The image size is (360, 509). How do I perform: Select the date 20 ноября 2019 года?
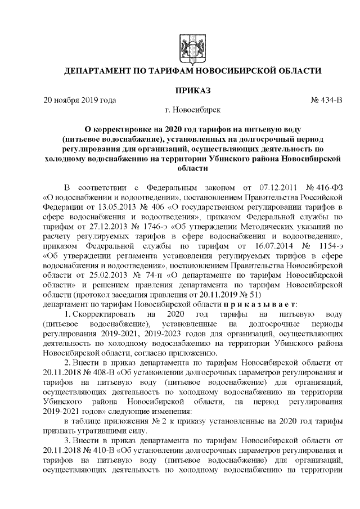click(79, 101)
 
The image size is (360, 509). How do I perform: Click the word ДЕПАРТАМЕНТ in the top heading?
click(102, 71)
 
